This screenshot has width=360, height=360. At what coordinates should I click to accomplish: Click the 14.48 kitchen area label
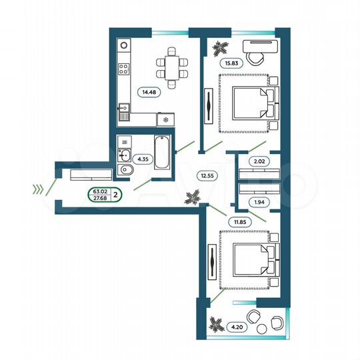pyautogui.click(x=148, y=93)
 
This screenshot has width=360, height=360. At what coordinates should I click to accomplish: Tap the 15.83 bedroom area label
pyautogui.click(x=231, y=64)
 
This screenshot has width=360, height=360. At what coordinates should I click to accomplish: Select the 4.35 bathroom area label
pyautogui.click(x=143, y=159)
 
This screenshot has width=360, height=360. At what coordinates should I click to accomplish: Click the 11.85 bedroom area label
pyautogui.click(x=239, y=223)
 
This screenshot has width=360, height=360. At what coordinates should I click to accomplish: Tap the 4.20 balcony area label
pyautogui.click(x=235, y=327)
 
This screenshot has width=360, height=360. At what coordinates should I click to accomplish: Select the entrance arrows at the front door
pyautogui.click(x=41, y=189)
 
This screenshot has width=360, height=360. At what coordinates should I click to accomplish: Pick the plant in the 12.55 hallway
pyautogui.click(x=194, y=197)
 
